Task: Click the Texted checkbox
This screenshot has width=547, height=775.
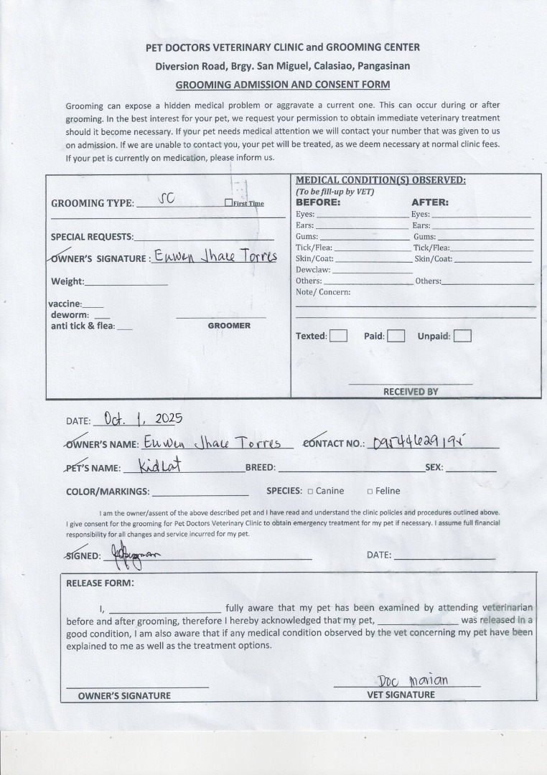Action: click(338, 336)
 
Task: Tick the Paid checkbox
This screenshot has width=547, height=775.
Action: click(396, 336)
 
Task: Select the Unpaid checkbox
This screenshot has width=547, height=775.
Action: click(462, 336)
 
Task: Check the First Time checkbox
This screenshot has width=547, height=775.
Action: click(228, 203)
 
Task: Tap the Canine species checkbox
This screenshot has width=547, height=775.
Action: click(310, 492)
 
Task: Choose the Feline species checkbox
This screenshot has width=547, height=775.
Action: click(370, 492)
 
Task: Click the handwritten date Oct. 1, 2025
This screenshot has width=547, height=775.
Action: click(144, 418)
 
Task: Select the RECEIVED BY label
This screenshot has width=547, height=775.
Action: click(411, 392)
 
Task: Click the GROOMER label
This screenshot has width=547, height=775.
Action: click(229, 326)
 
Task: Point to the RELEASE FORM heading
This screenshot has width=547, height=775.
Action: click(100, 583)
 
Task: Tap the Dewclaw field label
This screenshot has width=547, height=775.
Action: click(313, 270)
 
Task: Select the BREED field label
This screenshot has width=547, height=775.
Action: click(260, 467)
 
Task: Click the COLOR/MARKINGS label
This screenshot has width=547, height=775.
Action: click(108, 492)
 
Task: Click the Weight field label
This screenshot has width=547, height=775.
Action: click(67, 281)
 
